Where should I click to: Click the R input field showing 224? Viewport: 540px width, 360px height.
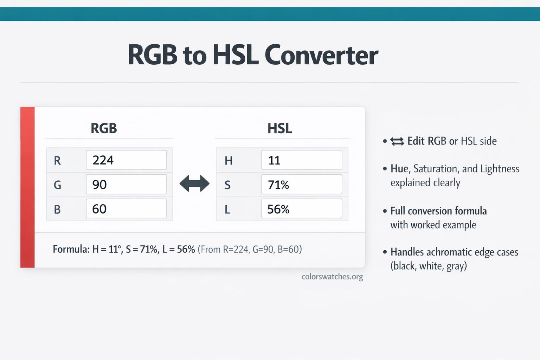pos(126,160)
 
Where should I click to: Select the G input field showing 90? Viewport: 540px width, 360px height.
pos(126,184)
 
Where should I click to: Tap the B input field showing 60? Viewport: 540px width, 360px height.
pos(126,208)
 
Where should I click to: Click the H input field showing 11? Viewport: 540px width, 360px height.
pos(302,160)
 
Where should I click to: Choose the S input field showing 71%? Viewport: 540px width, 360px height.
pos(302,184)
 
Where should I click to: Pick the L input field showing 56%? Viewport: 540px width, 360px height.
pos(302,208)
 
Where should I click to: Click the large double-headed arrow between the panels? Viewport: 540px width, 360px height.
pos(194,184)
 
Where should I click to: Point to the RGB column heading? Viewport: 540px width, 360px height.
pos(104,128)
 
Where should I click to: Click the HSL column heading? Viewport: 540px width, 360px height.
pos(279,128)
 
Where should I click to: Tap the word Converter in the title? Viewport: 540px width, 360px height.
pos(321,55)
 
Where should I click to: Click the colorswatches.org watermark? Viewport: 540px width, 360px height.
pos(332,277)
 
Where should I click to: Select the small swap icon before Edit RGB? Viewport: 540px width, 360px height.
pos(397,142)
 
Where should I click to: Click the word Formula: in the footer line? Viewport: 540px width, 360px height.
pos(71,249)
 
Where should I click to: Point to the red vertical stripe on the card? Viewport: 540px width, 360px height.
pos(27,187)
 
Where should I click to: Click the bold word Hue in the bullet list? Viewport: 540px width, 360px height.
pos(399,168)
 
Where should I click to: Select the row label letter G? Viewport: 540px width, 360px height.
pos(57,185)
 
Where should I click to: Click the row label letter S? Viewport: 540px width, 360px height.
pos(227,185)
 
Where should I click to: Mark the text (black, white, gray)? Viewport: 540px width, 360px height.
pos(429,266)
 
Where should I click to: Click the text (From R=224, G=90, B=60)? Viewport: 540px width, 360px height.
pos(250,249)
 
